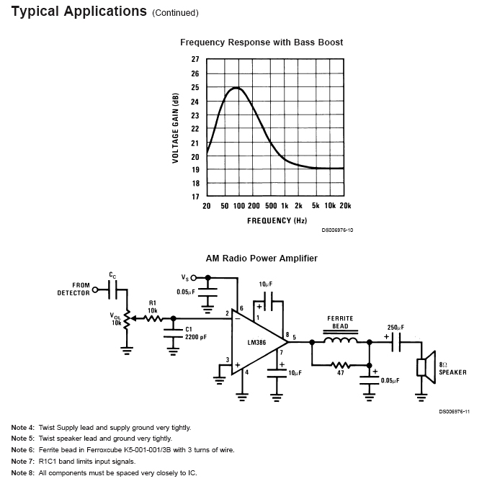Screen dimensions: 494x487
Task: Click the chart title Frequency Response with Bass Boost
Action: coord(261,42)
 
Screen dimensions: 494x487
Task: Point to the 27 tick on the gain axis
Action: coord(195,60)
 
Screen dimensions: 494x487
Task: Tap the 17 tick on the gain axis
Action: coord(195,197)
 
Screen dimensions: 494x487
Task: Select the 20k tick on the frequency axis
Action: coord(345,206)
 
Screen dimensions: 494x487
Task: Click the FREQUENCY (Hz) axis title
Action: coord(277,220)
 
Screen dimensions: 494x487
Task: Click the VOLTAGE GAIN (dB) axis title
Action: coord(175,128)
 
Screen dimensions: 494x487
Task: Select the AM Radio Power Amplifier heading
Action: coord(262,258)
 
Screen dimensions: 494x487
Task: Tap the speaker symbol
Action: coord(425,365)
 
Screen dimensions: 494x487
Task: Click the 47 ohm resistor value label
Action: coord(341,373)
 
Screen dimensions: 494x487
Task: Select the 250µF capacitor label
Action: coord(396,328)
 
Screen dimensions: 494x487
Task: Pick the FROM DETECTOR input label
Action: coord(74,289)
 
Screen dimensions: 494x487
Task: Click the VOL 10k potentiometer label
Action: coord(115,319)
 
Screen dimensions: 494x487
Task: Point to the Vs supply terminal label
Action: coord(185,277)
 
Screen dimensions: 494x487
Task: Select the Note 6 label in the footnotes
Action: coord(22,449)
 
